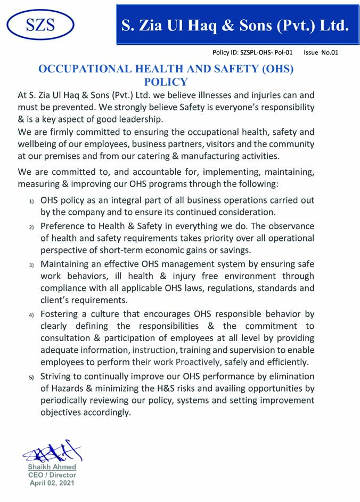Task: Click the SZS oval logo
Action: coord(40,25)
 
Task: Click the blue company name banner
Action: coord(235,25)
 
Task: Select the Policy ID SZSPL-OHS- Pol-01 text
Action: coord(252,53)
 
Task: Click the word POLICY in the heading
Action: coord(166,82)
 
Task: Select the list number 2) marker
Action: coord(31,227)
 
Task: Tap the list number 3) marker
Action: coord(31,265)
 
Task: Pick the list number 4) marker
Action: coord(31,315)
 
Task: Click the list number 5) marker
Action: coord(31,378)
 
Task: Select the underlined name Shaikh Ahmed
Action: coord(52,467)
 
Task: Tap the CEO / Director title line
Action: coord(52,475)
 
